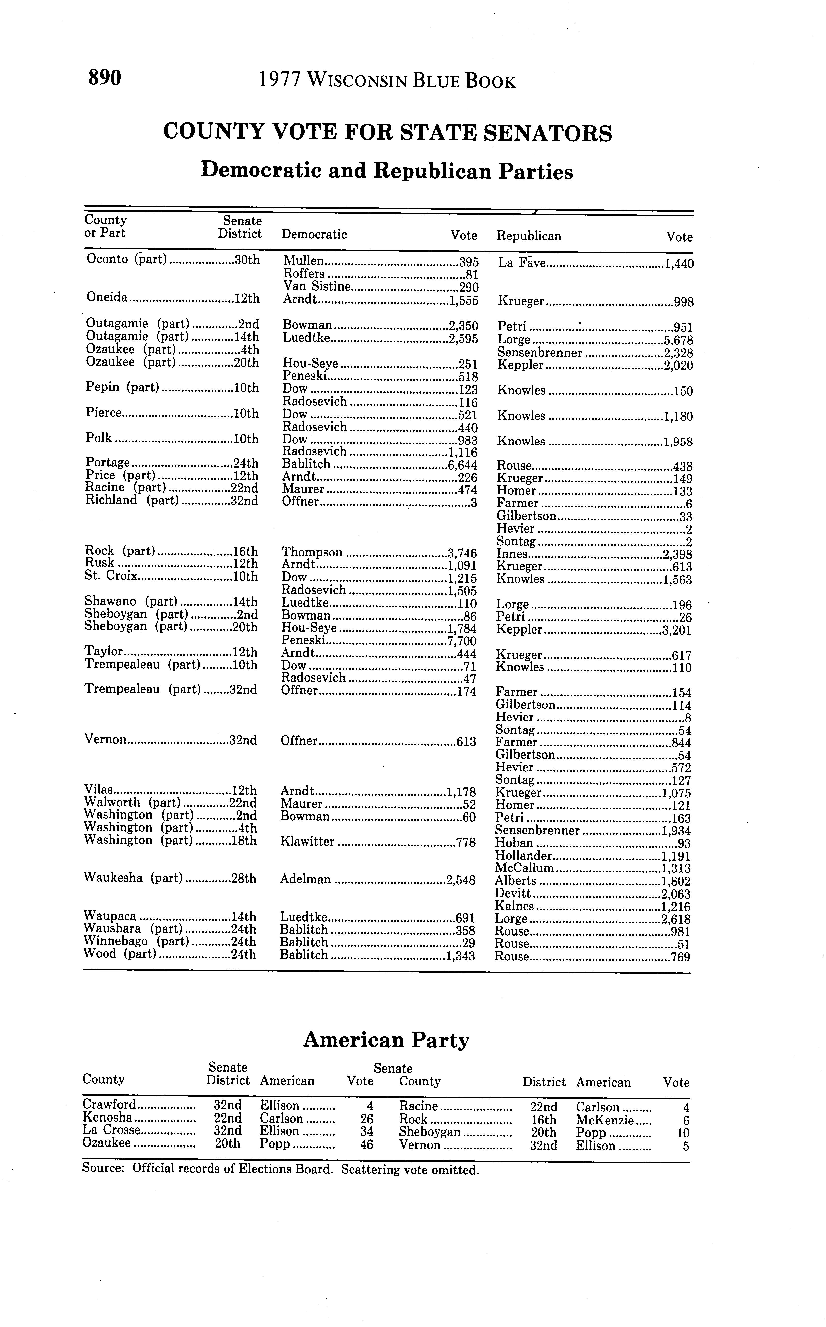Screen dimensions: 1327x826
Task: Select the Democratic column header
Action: point(314,235)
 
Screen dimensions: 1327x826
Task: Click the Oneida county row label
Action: point(107,298)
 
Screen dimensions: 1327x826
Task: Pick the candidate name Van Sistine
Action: point(317,287)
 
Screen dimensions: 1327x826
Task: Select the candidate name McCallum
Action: point(524,868)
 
